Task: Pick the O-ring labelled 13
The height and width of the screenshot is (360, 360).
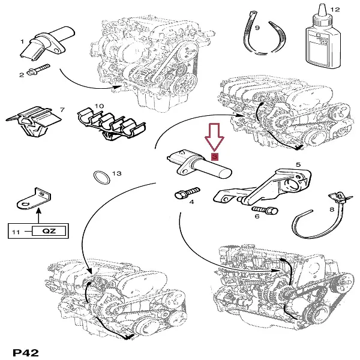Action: click(101, 178)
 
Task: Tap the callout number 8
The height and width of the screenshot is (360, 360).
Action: click(331, 209)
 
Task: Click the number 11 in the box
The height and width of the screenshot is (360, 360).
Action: click(17, 230)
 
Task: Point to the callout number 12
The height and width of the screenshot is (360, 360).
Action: click(335, 10)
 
